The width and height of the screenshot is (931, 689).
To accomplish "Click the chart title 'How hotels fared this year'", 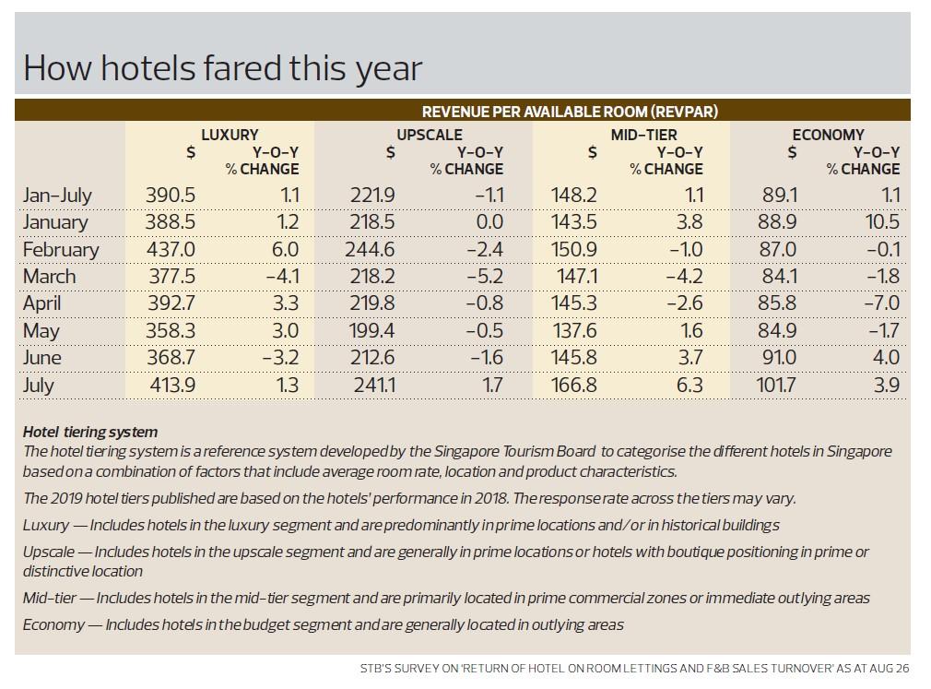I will tap(222, 67).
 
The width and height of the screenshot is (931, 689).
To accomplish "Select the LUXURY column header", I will tap(230, 135).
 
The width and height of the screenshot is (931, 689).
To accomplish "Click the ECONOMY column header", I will tap(828, 135).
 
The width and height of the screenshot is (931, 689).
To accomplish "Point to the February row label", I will tap(61, 250).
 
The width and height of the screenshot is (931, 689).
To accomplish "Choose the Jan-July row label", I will tap(57, 196).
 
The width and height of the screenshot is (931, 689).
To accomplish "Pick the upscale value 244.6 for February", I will tap(373, 250).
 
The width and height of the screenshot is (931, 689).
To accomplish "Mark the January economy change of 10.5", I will tap(881, 222).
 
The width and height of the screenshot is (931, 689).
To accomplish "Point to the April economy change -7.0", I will tap(882, 303).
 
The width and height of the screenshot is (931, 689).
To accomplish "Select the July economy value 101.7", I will tap(777, 386).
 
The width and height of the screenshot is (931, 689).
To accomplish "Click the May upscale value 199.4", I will tap(373, 331).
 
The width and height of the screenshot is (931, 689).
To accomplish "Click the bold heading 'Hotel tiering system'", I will tap(90, 432).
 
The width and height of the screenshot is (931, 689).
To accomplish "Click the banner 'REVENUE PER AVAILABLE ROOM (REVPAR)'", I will tap(570, 112).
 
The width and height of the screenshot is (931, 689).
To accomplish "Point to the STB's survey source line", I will tap(634, 669).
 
